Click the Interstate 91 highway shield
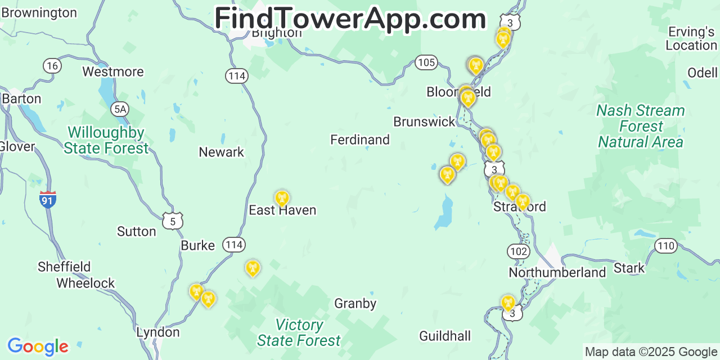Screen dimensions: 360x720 [x=48, y=199]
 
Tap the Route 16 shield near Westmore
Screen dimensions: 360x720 [x=52, y=66]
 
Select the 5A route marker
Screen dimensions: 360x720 [x=119, y=109]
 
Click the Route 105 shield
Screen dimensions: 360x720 [x=426, y=62]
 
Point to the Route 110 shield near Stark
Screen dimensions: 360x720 [x=666, y=245]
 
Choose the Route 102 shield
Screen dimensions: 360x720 [x=517, y=251]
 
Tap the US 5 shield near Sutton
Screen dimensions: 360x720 [x=173, y=221]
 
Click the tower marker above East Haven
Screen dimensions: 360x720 [x=282, y=197]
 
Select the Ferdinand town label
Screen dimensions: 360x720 [x=360, y=139]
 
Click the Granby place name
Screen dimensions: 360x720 [x=355, y=304]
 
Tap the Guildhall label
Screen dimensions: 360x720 [x=445, y=336]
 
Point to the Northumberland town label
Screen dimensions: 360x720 [x=557, y=273]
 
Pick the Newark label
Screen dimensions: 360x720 [x=222, y=152]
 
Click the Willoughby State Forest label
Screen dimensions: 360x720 [x=106, y=141]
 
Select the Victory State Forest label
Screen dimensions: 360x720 [x=299, y=333]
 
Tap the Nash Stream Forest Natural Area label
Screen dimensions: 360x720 [x=641, y=126]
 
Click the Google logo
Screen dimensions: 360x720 [x=38, y=346]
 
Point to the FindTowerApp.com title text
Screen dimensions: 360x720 [x=350, y=19]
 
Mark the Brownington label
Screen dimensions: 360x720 [x=39, y=12]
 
